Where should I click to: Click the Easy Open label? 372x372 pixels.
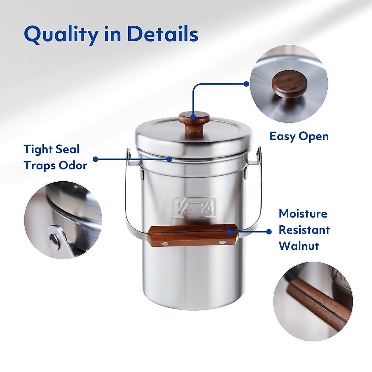click(299, 136)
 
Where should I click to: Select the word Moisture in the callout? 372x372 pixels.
click(303, 214)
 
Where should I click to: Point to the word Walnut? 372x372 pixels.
click(299, 246)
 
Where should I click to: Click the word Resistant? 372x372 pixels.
click(304, 230)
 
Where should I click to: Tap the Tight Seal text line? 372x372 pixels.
click(51, 149)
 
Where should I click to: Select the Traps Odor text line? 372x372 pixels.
click(55, 165)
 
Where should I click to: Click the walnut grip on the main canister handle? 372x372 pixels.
click(193, 235)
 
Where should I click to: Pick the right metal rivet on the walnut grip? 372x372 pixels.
click(222, 242)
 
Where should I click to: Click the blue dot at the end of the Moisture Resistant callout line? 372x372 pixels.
click(269, 232)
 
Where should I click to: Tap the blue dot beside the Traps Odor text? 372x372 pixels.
click(95, 159)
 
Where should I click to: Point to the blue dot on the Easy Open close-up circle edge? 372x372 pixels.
click(246, 84)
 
